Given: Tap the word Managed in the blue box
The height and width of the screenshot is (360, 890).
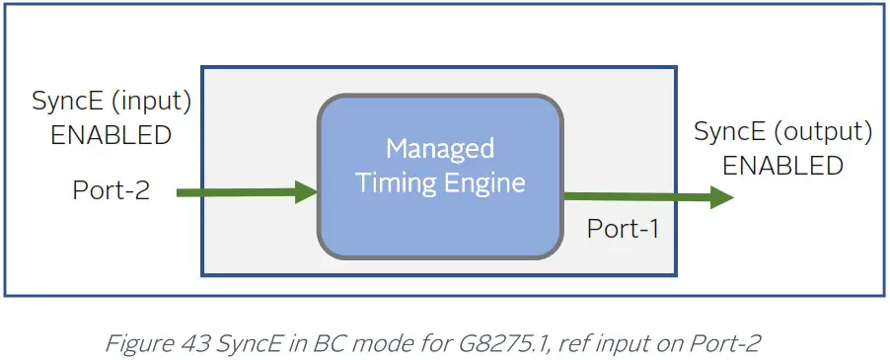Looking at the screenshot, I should point(440,149).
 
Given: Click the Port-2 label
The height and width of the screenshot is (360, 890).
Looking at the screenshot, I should point(111,189).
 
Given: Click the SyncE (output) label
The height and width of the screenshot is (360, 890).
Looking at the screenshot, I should point(782,131).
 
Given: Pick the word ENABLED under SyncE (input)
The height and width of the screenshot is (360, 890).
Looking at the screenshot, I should point(111,135).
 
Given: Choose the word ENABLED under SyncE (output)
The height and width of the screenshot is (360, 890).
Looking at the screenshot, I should point(782,166).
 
